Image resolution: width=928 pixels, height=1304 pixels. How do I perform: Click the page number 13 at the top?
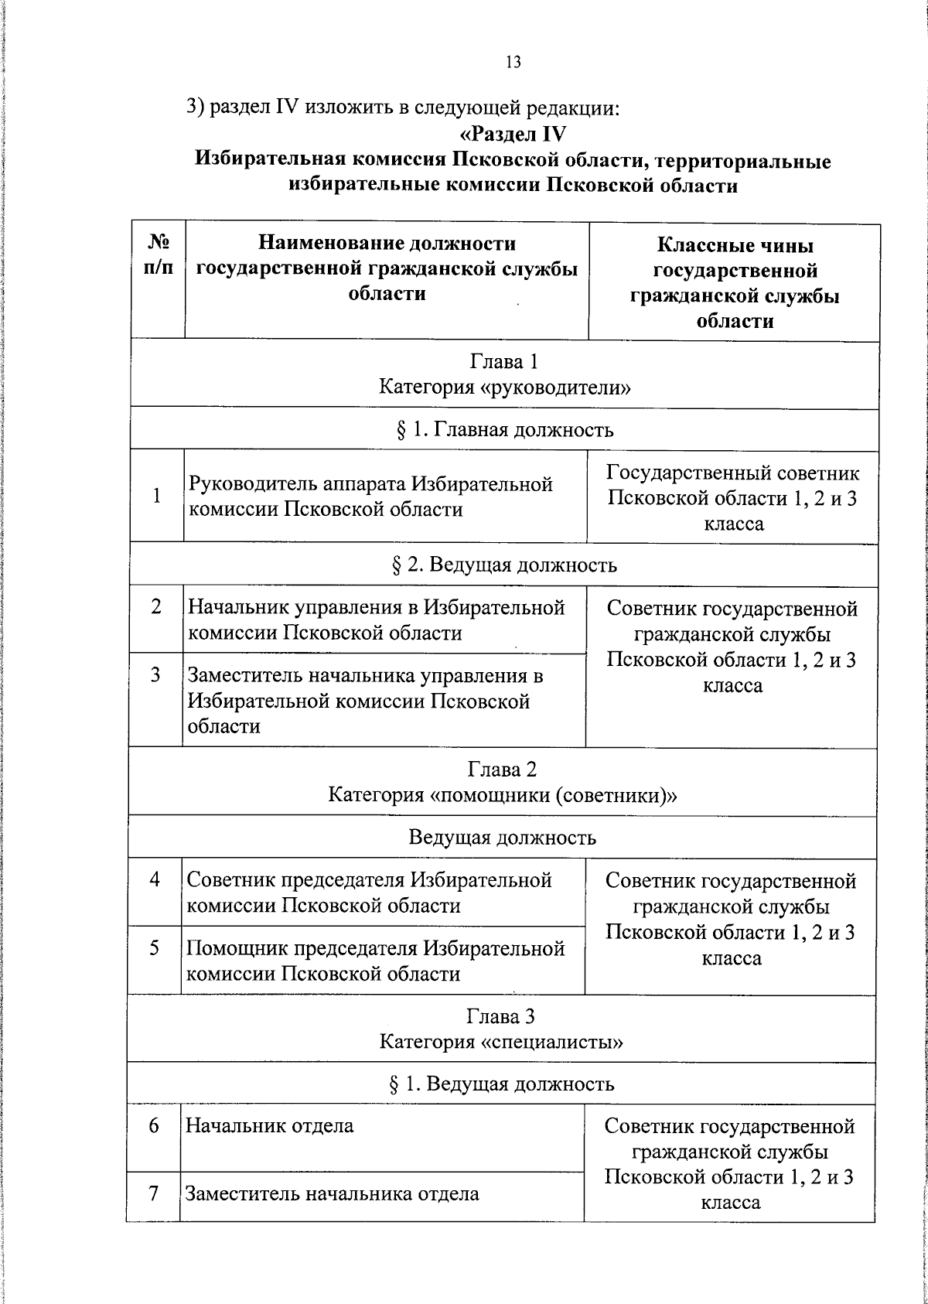tap(513, 63)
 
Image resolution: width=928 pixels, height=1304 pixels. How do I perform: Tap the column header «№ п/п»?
tap(158, 256)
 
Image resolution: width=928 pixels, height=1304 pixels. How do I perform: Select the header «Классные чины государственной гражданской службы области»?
tap(734, 282)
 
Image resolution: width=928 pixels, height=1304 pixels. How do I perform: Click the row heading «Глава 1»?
tap(503, 362)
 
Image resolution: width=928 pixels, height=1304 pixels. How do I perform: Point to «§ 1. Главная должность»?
tap(503, 430)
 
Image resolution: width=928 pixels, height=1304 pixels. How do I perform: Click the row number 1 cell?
tap(157, 496)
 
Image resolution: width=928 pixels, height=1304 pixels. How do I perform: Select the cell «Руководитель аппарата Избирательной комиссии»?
tap(371, 497)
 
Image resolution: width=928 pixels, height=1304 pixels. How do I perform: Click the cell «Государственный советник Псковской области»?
tap(732, 497)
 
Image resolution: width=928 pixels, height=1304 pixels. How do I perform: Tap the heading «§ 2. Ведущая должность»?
tap(503, 565)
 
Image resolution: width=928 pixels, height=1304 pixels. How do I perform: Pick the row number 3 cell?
tap(155, 675)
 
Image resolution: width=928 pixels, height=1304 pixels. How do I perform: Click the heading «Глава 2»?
tap(502, 770)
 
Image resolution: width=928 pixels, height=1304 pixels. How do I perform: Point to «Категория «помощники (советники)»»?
tap(502, 795)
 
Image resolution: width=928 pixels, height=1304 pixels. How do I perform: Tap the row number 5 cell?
tap(155, 948)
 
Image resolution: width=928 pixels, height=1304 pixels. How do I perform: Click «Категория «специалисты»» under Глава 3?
tap(501, 1042)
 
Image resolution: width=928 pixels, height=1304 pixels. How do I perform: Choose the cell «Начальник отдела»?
tap(270, 1125)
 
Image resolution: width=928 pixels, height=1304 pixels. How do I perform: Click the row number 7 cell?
tap(154, 1193)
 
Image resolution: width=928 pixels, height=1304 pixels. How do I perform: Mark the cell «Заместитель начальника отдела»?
tap(332, 1193)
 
